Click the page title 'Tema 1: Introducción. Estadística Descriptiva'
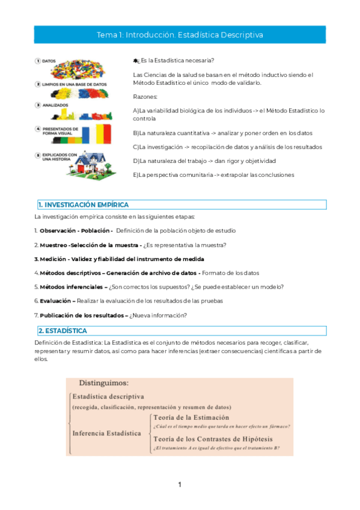pyautogui.click(x=180, y=35)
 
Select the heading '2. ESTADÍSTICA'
pyautogui.click(x=63, y=331)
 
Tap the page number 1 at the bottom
pyautogui.click(x=179, y=485)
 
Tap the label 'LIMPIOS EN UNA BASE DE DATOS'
pyautogui.click(x=71, y=85)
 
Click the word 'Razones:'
pyautogui.click(x=145, y=97)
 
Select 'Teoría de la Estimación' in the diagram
pyautogui.click(x=191, y=417)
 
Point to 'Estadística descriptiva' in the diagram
pyautogui.click(x=108, y=396)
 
